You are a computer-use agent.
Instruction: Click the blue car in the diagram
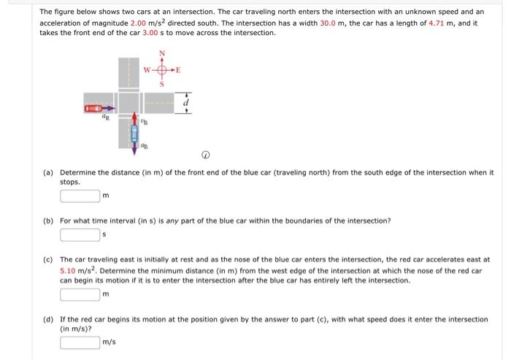coord(134,134)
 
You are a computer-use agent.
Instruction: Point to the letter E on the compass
coord(179,72)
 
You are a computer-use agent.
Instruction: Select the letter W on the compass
coord(146,72)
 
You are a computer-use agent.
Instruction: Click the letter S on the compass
coord(162,86)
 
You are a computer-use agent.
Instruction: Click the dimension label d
coord(188,104)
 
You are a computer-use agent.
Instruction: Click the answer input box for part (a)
coord(80,195)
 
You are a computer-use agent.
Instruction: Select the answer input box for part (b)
coord(80,234)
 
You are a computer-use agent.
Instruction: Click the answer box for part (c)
coord(80,294)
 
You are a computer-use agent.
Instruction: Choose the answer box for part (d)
coord(80,342)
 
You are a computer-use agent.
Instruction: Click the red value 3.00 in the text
coord(150,34)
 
